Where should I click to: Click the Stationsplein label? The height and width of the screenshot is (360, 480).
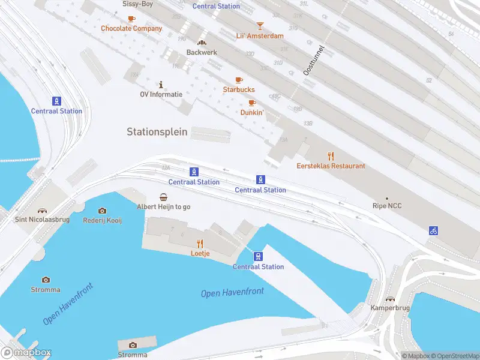pyautogui.click(x=157, y=131)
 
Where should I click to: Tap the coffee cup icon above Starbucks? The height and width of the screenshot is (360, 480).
pyautogui.click(x=239, y=80)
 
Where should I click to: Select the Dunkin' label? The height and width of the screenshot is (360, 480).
pyautogui.click(x=252, y=112)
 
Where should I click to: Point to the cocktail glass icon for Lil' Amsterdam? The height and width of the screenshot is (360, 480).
pyautogui.click(x=260, y=26)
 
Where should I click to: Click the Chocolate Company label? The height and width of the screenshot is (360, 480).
pyautogui.click(x=131, y=28)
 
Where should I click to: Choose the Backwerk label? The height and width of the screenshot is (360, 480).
pyautogui.click(x=202, y=52)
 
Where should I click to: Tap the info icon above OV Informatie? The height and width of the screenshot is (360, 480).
pyautogui.click(x=161, y=85)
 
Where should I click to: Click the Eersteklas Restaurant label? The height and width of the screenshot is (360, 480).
pyautogui.click(x=331, y=166)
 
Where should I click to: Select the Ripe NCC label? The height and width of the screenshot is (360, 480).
pyautogui.click(x=387, y=206)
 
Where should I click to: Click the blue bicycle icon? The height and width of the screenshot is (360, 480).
pyautogui.click(x=433, y=230)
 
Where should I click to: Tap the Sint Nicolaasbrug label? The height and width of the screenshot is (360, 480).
pyautogui.click(x=42, y=220)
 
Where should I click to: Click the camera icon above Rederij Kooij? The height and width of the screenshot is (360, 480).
pyautogui.click(x=102, y=211)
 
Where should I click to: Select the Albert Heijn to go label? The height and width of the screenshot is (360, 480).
pyautogui.click(x=164, y=206)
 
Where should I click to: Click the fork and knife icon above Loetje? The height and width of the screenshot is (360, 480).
pyautogui.click(x=200, y=243)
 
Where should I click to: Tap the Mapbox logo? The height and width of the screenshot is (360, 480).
pyautogui.click(x=26, y=353)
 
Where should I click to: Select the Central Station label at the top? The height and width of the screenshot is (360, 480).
pyautogui.click(x=216, y=6)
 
